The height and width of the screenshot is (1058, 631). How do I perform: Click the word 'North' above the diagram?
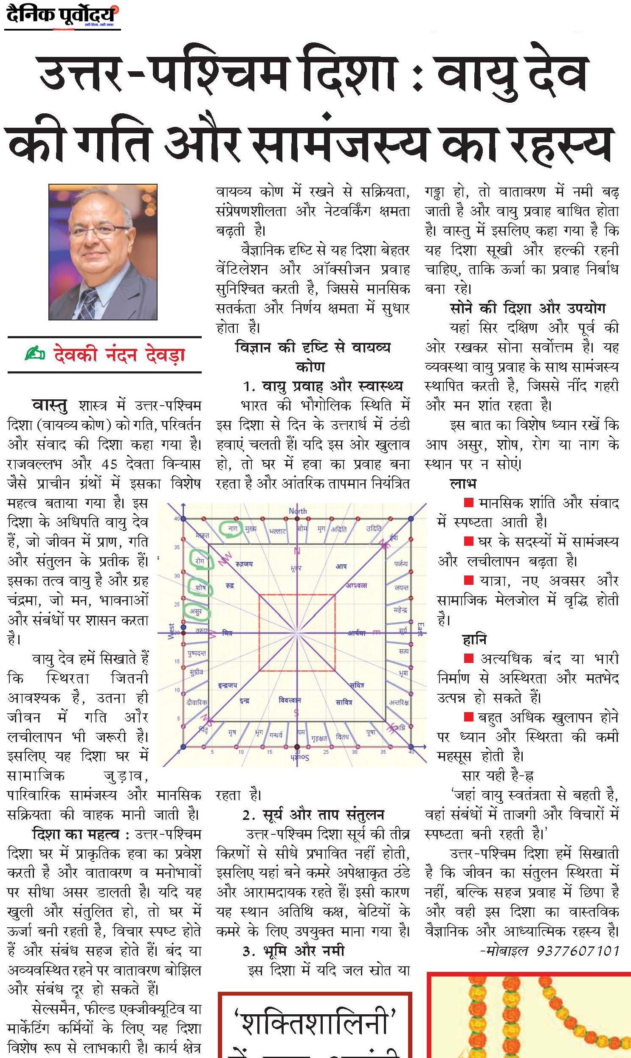(x=298, y=511)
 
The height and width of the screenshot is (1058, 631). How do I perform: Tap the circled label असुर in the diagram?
(x=196, y=612)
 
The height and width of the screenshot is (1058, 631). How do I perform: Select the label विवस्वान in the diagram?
(x=290, y=700)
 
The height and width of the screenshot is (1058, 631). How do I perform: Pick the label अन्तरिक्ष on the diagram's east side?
(x=399, y=702)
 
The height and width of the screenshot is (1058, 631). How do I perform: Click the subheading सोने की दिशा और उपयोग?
(x=527, y=309)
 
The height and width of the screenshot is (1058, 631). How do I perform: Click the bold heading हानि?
(x=474, y=640)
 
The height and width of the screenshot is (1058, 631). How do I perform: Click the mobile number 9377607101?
(x=577, y=951)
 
